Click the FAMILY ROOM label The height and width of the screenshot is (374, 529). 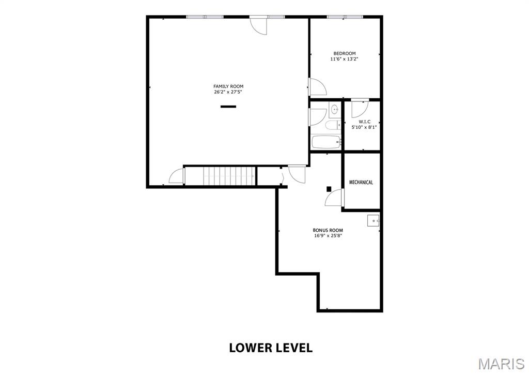tap(228, 86)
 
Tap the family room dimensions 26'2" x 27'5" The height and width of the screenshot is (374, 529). tap(228, 92)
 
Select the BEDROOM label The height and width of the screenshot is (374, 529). tap(345, 53)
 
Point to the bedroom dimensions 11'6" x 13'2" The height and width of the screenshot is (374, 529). tap(344, 59)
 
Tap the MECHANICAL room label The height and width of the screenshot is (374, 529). tap(361, 183)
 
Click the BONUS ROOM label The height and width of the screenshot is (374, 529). tap(328, 230)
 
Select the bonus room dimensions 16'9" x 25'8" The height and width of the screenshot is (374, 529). tap(328, 236)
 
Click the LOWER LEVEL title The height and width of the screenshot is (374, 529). tap(271, 348)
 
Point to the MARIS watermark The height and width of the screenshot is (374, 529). tap(501, 364)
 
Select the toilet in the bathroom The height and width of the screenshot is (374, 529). tap(333, 125)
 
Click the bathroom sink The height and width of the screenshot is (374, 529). tap(335, 109)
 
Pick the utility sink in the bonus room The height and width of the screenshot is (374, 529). tap(373, 220)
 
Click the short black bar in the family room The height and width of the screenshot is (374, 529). tap(228, 107)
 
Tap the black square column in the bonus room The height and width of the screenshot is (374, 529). tap(329, 189)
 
